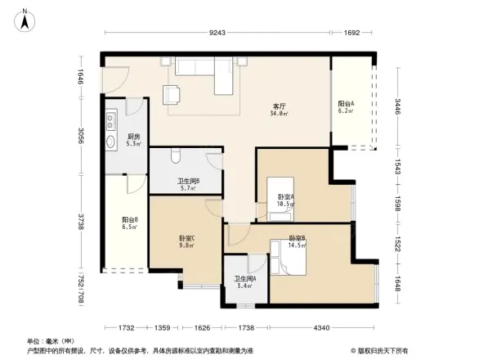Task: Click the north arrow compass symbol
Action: [x=27, y=18]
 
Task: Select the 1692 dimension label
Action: [x=352, y=33]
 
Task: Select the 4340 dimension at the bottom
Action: [x=322, y=328]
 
